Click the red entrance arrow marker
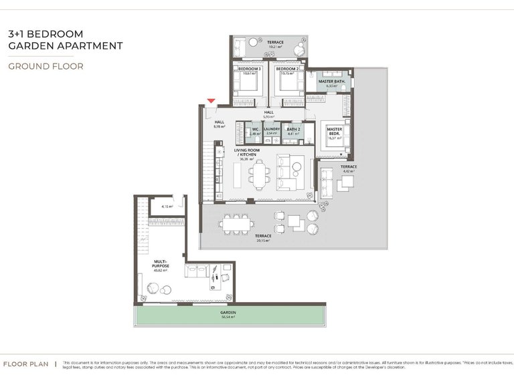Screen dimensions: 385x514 click(x=211, y=101)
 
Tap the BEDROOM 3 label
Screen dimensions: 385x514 click(x=249, y=68)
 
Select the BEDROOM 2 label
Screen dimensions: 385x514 click(x=288, y=68)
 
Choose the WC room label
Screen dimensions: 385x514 click(x=255, y=129)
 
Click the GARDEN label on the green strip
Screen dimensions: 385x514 click(x=229, y=312)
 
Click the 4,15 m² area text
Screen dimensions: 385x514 click(x=167, y=207)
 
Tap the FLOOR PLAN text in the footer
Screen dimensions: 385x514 click(x=25, y=364)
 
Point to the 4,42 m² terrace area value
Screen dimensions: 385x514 click(x=348, y=172)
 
